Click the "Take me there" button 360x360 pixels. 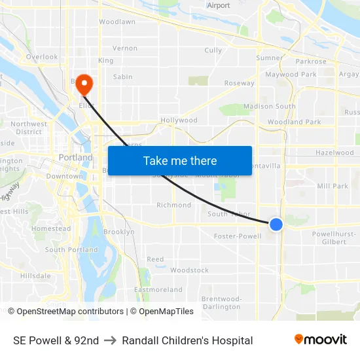coord(180,161)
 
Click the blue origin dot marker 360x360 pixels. coord(276,225)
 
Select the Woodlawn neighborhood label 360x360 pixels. coord(117,22)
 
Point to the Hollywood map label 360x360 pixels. coord(179,120)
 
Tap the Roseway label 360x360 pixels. coord(240,83)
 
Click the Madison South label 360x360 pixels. coord(270,106)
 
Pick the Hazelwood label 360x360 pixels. coord(334,153)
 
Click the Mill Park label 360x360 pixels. coord(333,186)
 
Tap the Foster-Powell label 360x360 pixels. coord(238,236)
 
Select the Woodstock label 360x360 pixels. coord(189,270)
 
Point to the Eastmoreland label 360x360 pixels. coord(158,289)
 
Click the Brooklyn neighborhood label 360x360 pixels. coord(118,232)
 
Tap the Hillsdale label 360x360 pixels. coord(35,276)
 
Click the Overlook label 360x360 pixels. coord(43,57)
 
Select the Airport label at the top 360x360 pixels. coord(219,5)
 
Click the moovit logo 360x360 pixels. coord(321,340)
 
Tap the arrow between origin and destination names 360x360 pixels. coord(110,340)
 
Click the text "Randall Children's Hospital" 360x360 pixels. coord(187,340)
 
